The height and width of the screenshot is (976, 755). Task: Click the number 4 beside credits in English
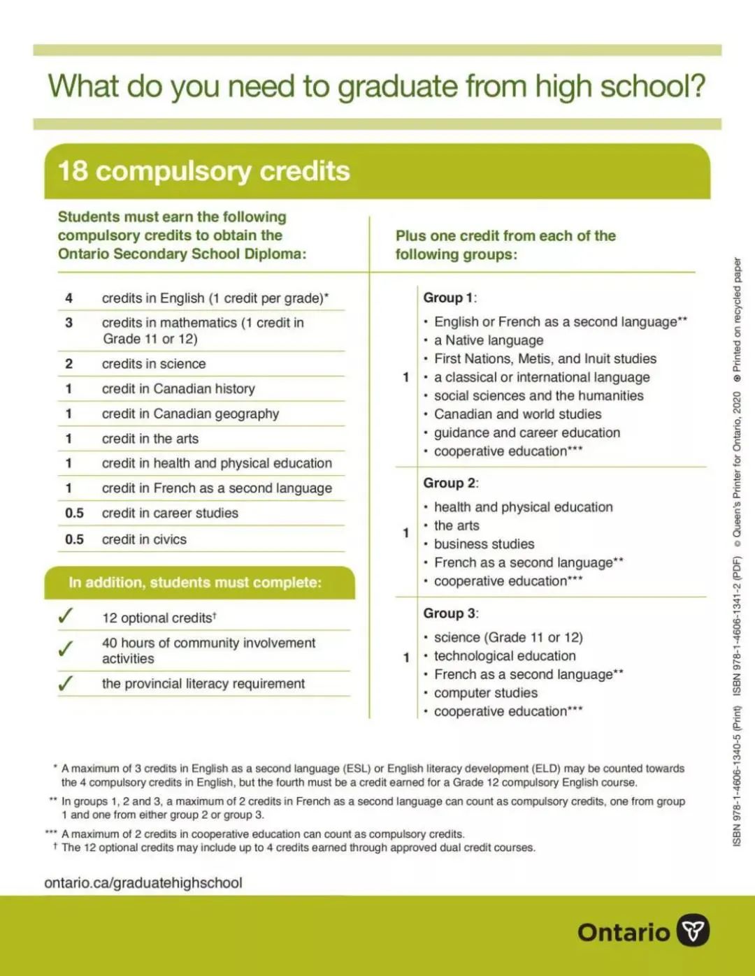(x=69, y=298)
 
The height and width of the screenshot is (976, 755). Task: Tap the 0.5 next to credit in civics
(x=74, y=539)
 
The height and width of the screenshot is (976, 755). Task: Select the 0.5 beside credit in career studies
(x=74, y=514)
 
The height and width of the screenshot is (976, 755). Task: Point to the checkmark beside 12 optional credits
(x=66, y=616)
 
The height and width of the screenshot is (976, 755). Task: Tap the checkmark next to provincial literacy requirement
(x=66, y=683)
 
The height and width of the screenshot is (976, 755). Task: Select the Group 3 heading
(x=450, y=613)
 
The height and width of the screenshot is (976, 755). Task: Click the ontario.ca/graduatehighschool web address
(x=143, y=883)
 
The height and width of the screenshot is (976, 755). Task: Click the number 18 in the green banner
(x=73, y=171)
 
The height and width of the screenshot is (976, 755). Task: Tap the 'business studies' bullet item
(x=484, y=544)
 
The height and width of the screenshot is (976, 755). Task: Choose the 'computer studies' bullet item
(x=486, y=693)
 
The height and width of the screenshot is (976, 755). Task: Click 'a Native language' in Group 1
(x=489, y=340)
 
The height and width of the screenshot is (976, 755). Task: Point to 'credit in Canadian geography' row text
(x=190, y=414)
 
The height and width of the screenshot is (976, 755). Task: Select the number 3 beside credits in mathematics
(x=69, y=323)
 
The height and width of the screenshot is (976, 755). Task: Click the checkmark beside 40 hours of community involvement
(x=66, y=649)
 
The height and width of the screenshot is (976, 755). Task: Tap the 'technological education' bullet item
(x=505, y=656)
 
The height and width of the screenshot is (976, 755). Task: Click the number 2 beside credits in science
(x=69, y=364)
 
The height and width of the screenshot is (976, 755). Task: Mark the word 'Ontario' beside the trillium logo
(x=624, y=933)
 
